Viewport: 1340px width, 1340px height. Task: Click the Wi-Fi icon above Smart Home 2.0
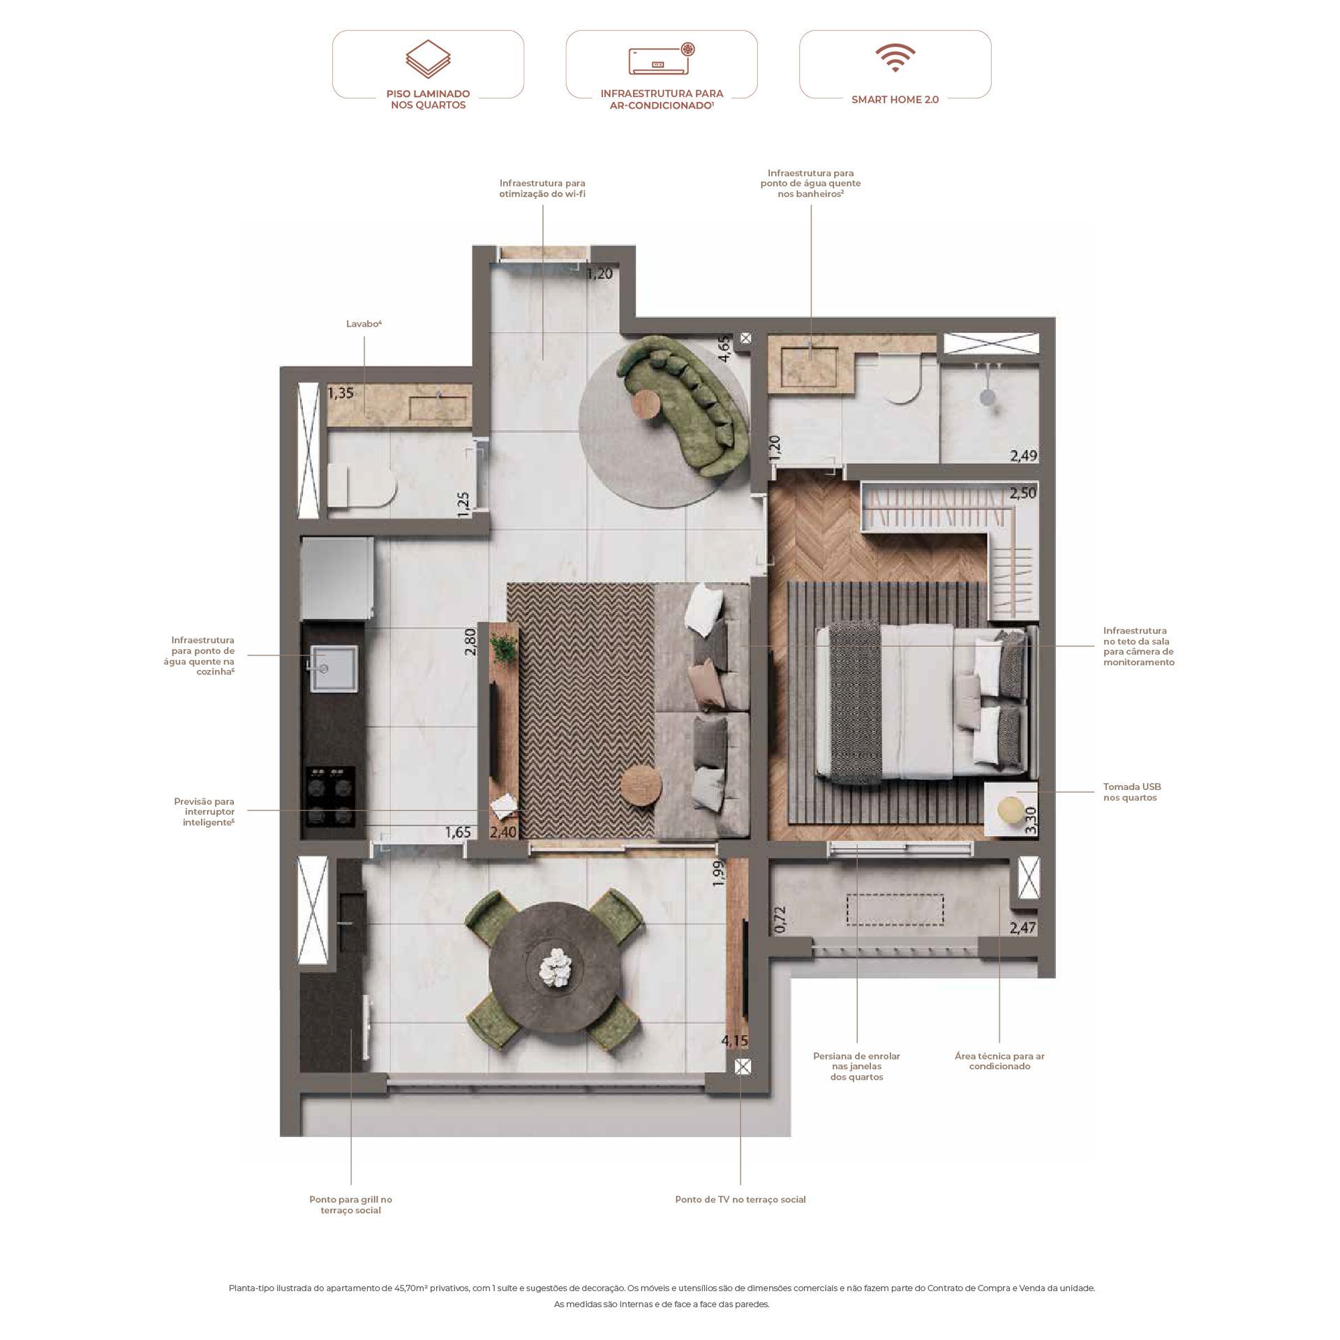click(x=895, y=59)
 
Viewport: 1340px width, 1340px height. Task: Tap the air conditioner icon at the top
click(x=662, y=59)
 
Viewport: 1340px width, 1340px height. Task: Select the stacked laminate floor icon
click(x=428, y=59)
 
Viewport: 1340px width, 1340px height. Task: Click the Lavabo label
click(x=364, y=324)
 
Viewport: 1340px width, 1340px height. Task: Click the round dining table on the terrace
click(x=556, y=969)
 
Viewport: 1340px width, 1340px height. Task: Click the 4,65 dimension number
click(x=724, y=349)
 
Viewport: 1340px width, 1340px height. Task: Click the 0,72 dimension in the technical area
click(x=780, y=919)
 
